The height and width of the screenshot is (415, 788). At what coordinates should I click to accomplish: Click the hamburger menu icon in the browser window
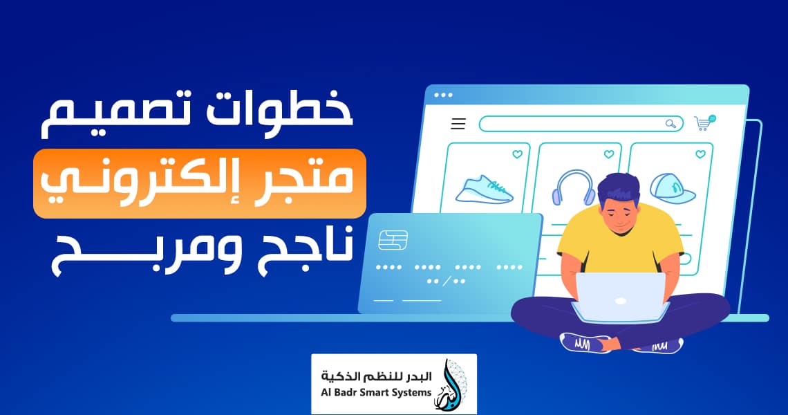(458, 124)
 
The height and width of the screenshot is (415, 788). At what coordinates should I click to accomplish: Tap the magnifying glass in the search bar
(671, 124)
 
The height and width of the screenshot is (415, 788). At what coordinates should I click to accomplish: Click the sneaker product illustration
(484, 189)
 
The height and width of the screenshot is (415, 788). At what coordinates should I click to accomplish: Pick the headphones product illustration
(573, 187)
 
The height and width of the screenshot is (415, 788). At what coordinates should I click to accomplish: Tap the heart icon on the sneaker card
(517, 154)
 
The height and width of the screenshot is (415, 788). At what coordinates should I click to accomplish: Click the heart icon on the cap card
(700, 154)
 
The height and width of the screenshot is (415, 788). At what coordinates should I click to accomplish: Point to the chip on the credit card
(393, 241)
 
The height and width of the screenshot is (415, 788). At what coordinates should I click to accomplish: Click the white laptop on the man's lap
(620, 297)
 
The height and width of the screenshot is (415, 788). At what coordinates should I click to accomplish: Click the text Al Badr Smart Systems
(376, 392)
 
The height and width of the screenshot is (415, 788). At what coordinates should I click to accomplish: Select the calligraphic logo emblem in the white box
(450, 385)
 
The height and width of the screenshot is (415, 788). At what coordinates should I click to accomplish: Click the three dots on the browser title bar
(443, 95)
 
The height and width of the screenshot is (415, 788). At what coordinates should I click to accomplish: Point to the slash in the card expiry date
(446, 282)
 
